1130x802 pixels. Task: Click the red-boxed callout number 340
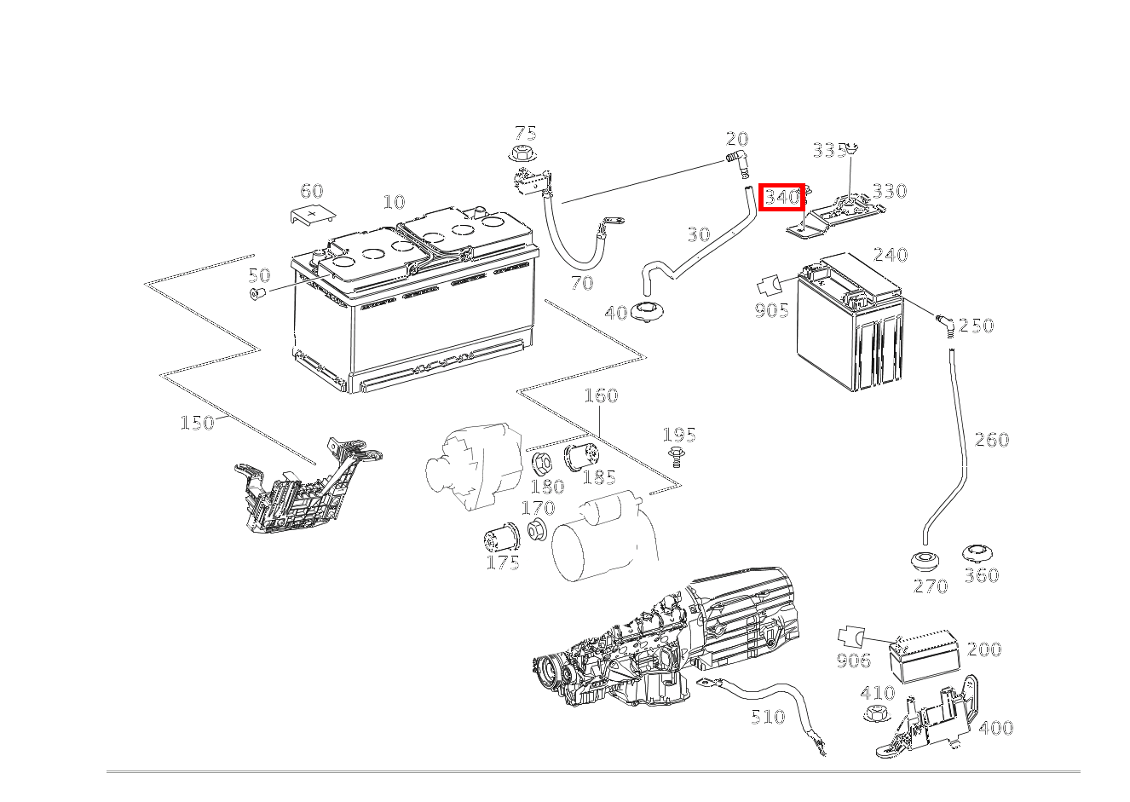pyautogui.click(x=782, y=197)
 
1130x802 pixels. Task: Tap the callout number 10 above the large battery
pyautogui.click(x=394, y=202)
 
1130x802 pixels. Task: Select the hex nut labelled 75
pyautogui.click(x=519, y=153)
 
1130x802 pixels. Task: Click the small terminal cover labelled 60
pyautogui.click(x=314, y=214)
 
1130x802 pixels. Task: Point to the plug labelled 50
pyautogui.click(x=257, y=293)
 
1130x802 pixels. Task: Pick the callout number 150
pyautogui.click(x=197, y=423)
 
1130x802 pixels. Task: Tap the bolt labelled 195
pyautogui.click(x=676, y=457)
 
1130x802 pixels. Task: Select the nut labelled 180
pyautogui.click(x=542, y=463)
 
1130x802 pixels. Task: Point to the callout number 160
pyautogui.click(x=601, y=395)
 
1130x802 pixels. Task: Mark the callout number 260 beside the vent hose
pyautogui.click(x=992, y=440)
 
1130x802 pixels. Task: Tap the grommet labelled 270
pyautogui.click(x=925, y=562)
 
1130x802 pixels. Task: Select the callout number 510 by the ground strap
pyautogui.click(x=768, y=717)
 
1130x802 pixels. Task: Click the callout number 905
pyautogui.click(x=771, y=310)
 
